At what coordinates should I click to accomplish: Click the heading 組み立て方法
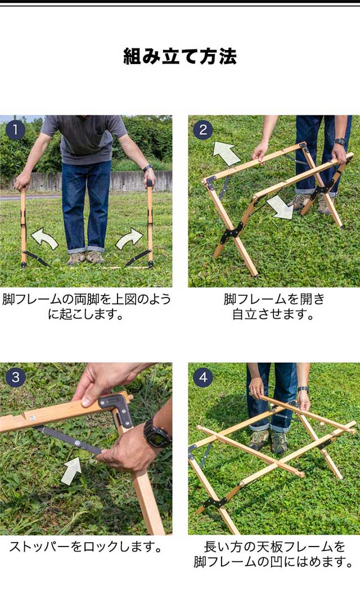180,56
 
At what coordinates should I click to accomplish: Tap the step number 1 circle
15,130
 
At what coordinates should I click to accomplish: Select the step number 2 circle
203,130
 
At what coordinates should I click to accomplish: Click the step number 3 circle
15,377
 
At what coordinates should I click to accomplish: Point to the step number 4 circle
203,377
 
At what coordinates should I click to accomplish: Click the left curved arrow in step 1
44,238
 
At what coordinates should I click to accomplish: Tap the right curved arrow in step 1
129,238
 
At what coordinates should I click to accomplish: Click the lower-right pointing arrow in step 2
281,207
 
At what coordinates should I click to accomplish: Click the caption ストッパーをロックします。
86,547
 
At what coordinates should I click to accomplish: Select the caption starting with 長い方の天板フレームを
274,554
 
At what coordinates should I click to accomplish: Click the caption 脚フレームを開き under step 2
274,299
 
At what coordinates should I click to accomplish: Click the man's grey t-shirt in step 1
84,138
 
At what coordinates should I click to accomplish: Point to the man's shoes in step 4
268,441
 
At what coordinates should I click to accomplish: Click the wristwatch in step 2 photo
340,142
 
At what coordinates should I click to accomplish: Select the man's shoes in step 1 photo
85,258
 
